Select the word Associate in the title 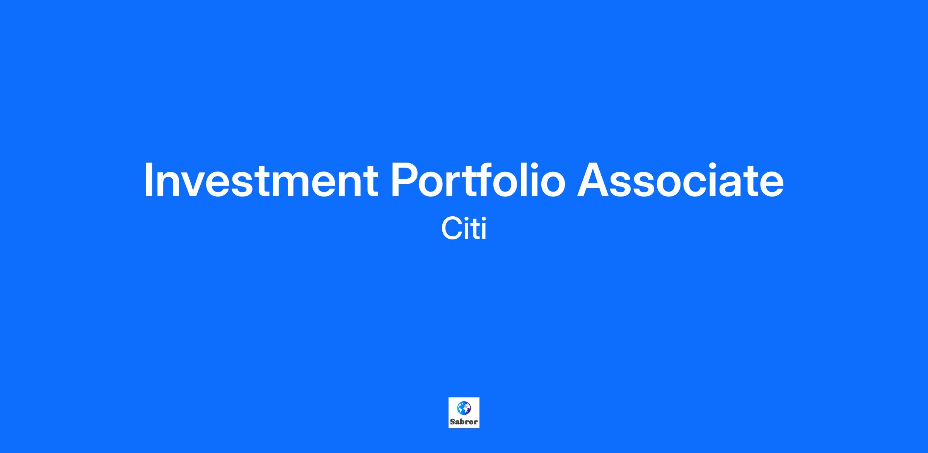click(x=681, y=180)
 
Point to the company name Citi click(x=464, y=229)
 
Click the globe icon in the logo click(x=464, y=407)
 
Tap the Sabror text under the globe click(x=464, y=422)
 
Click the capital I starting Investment click(x=148, y=180)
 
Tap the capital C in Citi click(x=451, y=229)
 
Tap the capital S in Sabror click(x=452, y=422)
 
